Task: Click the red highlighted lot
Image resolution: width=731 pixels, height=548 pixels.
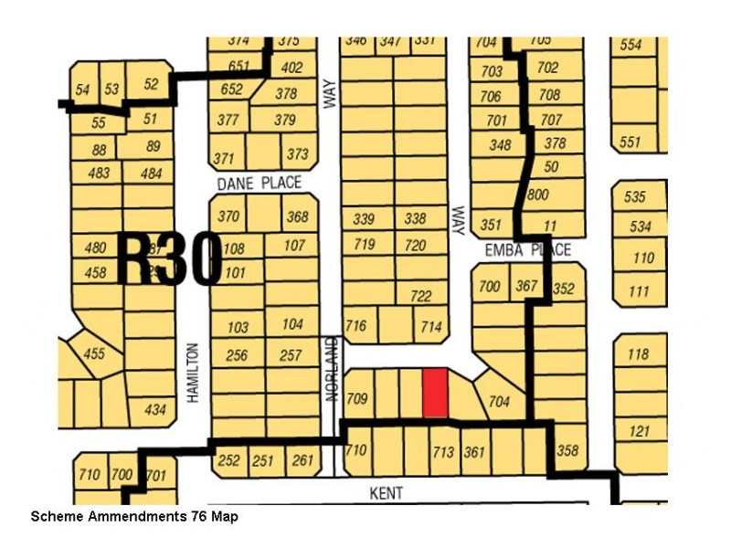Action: (436, 393)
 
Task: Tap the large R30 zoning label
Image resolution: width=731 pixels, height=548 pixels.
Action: (169, 258)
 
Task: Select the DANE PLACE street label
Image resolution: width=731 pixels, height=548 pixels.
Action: (259, 184)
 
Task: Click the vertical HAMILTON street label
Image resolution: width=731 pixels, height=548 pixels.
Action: (193, 373)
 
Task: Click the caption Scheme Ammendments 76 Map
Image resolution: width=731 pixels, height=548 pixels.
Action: (135, 517)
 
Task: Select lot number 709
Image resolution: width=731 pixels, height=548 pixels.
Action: (357, 398)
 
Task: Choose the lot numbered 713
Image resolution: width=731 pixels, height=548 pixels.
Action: (443, 450)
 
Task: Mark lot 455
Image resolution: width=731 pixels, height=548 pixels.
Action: (94, 354)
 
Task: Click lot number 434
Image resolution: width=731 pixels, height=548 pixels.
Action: (155, 410)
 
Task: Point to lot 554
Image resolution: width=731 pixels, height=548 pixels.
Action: (630, 45)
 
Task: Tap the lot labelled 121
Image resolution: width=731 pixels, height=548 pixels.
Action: (639, 431)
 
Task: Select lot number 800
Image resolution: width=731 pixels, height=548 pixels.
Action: (538, 195)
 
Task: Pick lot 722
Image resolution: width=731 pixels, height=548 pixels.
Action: (421, 296)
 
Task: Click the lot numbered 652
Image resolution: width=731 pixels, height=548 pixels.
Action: (232, 90)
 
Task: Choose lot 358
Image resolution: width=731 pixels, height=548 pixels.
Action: (567, 450)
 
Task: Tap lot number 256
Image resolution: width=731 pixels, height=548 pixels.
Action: (237, 355)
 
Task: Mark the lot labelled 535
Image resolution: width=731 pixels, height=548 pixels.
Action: (635, 196)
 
